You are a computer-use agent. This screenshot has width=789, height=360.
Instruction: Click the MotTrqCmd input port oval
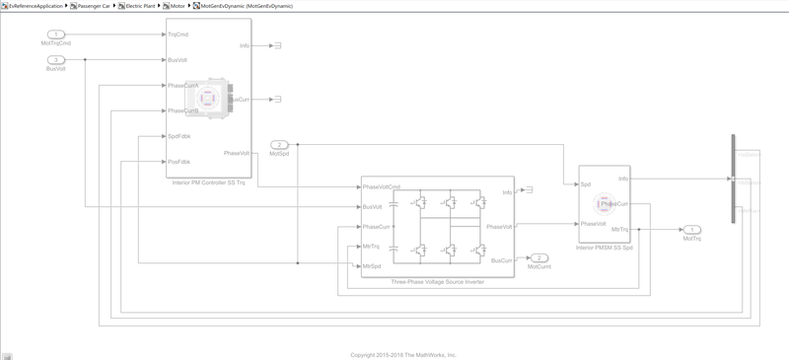(56, 35)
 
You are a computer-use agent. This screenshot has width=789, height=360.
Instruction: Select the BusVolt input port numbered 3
(56, 60)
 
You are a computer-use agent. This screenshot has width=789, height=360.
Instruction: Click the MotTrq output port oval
(691, 229)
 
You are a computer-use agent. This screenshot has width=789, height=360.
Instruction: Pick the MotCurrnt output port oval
(538, 257)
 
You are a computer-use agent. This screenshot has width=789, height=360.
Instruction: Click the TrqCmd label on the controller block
(179, 35)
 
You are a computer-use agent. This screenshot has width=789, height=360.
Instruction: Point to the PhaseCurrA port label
(183, 86)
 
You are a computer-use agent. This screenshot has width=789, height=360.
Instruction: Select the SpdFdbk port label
(179, 136)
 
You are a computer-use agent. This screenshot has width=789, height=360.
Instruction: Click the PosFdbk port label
(179, 162)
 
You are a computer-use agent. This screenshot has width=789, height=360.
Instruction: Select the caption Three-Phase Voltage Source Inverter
(438, 282)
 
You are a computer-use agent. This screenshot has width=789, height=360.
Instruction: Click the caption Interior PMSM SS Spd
(604, 248)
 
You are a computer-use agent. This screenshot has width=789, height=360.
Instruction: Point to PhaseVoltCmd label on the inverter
(382, 187)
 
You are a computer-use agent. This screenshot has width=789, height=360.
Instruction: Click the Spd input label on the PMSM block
(585, 183)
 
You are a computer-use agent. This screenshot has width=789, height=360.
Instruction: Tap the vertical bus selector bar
(733, 180)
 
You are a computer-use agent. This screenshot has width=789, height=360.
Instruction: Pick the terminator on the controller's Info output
(277, 46)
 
